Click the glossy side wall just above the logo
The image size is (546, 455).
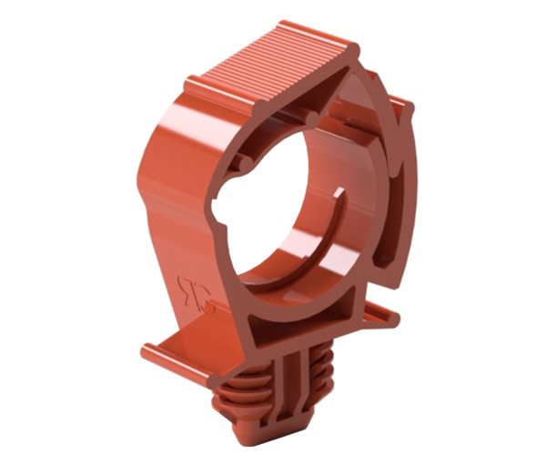coord(182,246)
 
